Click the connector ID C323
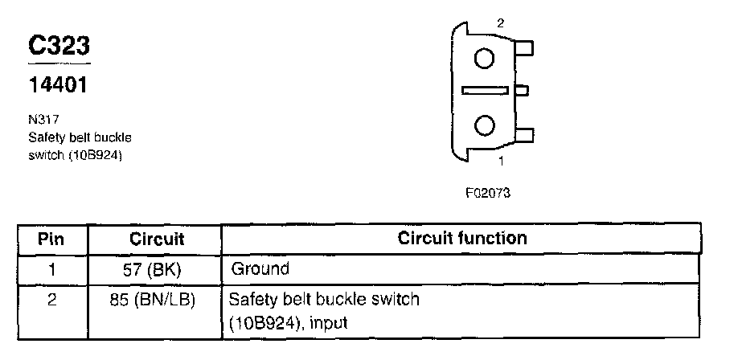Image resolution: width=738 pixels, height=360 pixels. pyautogui.click(x=59, y=47)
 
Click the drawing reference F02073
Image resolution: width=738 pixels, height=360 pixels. pyautogui.click(x=488, y=193)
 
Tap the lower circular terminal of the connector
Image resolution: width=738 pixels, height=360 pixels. pyautogui.click(x=484, y=125)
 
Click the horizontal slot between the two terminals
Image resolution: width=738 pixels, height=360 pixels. pyautogui.click(x=485, y=91)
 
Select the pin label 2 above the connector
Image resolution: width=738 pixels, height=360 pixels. pyautogui.click(x=500, y=23)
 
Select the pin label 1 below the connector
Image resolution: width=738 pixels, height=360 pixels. pyautogui.click(x=501, y=161)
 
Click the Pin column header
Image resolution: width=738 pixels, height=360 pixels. pyautogui.click(x=51, y=239)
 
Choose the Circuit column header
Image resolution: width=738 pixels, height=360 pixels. pyautogui.click(x=157, y=239)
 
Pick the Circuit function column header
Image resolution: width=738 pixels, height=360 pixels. pyautogui.click(x=462, y=238)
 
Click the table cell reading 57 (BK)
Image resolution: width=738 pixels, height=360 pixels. pyautogui.click(x=157, y=268)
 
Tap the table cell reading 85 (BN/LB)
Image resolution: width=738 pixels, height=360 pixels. pyautogui.click(x=157, y=300)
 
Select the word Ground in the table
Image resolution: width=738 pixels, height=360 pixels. pyautogui.click(x=260, y=268)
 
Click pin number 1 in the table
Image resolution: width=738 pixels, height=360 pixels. pyautogui.click(x=51, y=268)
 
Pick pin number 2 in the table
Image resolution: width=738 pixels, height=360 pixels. pyautogui.click(x=51, y=300)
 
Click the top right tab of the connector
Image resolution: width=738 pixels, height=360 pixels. pyautogui.click(x=524, y=49)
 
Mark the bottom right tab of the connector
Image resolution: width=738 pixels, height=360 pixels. pyautogui.click(x=524, y=134)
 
